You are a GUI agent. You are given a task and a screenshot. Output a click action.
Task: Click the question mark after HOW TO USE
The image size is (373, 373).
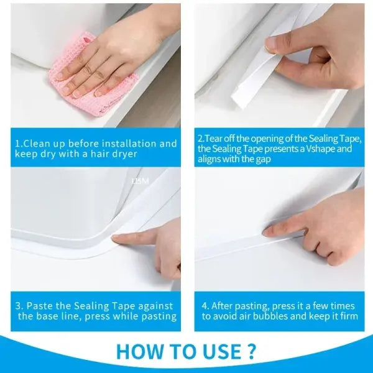[x=251, y=351]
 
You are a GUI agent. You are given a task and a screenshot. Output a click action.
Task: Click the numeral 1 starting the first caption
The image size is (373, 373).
[x=17, y=144]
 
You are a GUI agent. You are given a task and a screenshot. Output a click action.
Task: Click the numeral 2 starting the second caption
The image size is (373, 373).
[x=200, y=139]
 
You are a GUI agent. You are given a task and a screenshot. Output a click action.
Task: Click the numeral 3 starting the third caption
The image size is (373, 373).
[x=19, y=306]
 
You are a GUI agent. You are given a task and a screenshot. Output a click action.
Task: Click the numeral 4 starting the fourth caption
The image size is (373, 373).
[x=205, y=306]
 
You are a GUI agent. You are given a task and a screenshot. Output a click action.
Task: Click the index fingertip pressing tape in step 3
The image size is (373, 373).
[x=119, y=237]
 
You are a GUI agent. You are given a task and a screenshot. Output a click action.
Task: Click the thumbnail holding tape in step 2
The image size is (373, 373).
[x=272, y=44]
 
